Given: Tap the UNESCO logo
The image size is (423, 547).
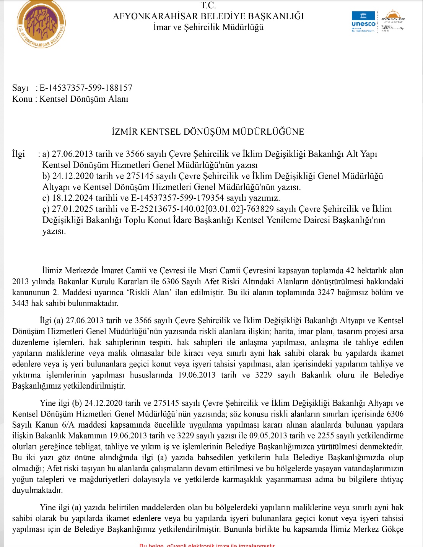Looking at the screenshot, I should (x=363, y=21).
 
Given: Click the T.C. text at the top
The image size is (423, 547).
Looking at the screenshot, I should (x=208, y=5).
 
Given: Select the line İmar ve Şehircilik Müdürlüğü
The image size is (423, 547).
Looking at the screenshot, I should (x=208, y=27).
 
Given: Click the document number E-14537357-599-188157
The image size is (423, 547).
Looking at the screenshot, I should (x=86, y=88).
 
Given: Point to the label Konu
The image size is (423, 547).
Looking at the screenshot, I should (x=22, y=99).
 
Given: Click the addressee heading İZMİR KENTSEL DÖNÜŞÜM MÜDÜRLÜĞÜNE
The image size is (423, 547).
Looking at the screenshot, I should (x=208, y=132).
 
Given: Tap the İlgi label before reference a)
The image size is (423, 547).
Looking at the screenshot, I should (x=19, y=154).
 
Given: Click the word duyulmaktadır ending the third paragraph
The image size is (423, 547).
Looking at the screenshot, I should (x=37, y=490).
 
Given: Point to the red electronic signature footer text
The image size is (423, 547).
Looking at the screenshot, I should (x=207, y=545).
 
